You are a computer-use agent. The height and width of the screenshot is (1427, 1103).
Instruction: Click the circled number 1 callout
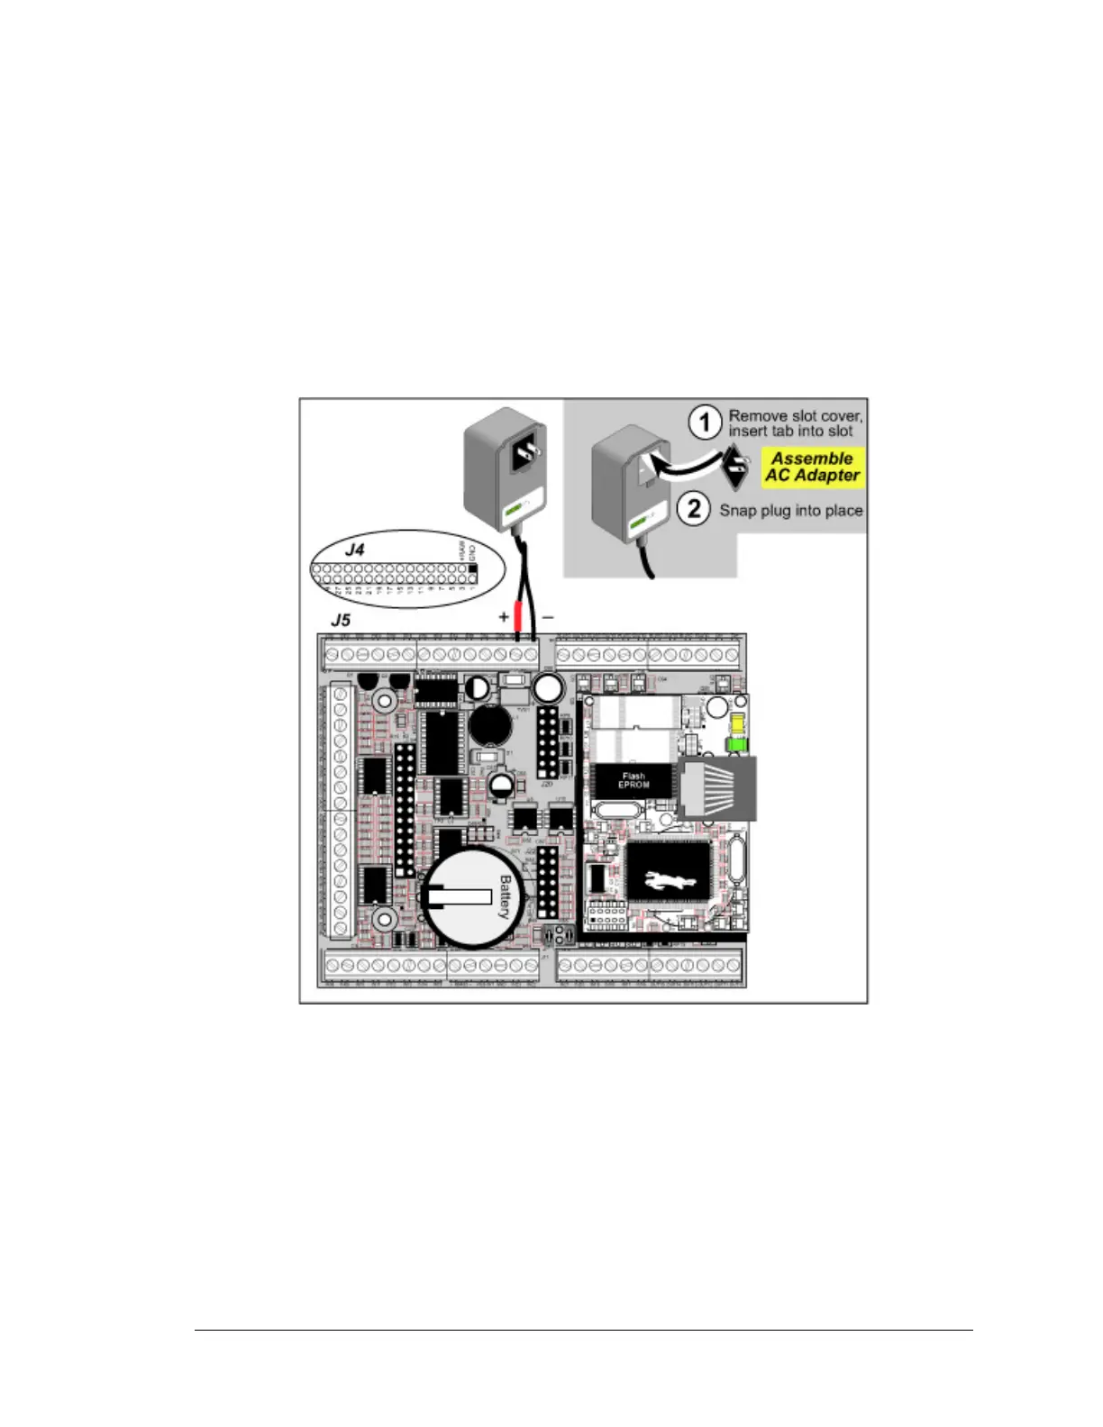click(705, 423)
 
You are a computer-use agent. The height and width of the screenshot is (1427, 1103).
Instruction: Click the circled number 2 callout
click(693, 509)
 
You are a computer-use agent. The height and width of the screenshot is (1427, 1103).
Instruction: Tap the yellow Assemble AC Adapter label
click(813, 467)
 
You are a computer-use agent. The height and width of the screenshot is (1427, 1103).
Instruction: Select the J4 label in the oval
click(355, 549)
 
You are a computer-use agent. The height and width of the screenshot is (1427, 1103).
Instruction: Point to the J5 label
click(340, 620)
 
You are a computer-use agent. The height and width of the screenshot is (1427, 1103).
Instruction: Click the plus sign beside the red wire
click(504, 617)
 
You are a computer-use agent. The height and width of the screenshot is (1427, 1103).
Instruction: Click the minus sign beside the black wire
click(548, 617)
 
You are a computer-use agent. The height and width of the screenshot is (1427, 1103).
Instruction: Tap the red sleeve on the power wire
click(518, 619)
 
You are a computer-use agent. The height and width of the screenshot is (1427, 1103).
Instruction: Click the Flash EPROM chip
click(633, 779)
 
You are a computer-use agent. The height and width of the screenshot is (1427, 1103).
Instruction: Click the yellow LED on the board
click(737, 724)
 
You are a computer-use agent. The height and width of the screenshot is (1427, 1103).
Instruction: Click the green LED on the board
click(735, 745)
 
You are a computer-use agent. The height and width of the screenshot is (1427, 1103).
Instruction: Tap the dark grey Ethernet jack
click(716, 788)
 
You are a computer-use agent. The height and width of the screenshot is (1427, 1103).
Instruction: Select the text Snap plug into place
click(790, 510)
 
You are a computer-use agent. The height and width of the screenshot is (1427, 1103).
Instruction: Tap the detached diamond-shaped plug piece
click(737, 466)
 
